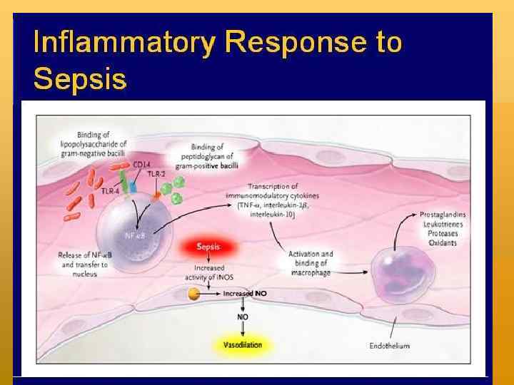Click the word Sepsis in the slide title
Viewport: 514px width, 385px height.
click(80, 77)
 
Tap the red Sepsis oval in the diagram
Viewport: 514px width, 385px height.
click(208, 247)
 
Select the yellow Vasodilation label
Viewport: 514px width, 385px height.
click(238, 345)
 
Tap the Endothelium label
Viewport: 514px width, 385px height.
click(389, 346)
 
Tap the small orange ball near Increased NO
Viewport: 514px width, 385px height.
click(193, 293)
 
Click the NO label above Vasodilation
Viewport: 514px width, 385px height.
click(243, 316)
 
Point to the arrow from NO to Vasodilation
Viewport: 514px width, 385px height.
click(243, 329)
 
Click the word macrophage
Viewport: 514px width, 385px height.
click(311, 272)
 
